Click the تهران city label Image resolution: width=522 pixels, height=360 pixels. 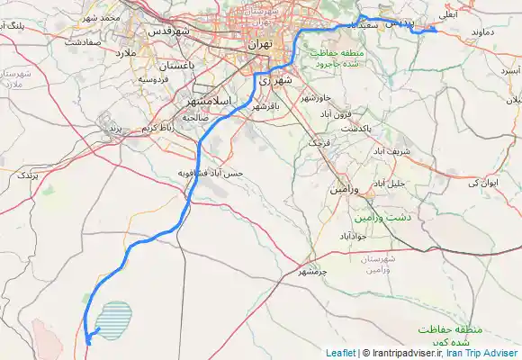259,42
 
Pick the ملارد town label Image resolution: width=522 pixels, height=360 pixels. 122,54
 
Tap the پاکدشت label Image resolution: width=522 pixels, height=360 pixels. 355,128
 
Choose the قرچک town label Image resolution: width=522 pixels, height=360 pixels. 321,143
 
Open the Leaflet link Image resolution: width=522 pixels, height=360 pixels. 340,353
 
